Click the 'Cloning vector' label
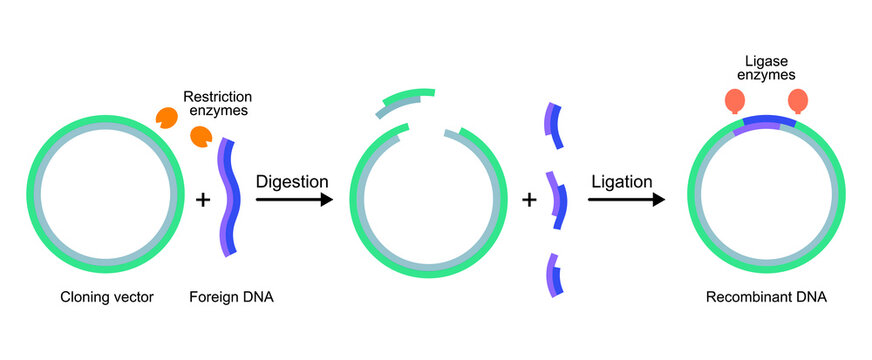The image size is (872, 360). click(x=107, y=297)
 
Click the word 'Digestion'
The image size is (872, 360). click(x=292, y=182)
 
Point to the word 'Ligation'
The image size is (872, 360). click(x=622, y=182)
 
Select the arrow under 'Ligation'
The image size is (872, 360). click(x=626, y=200)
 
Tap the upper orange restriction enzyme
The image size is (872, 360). click(x=166, y=116)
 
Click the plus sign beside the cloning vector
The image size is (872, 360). click(x=203, y=200)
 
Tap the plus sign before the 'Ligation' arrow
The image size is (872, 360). click(x=530, y=200)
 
